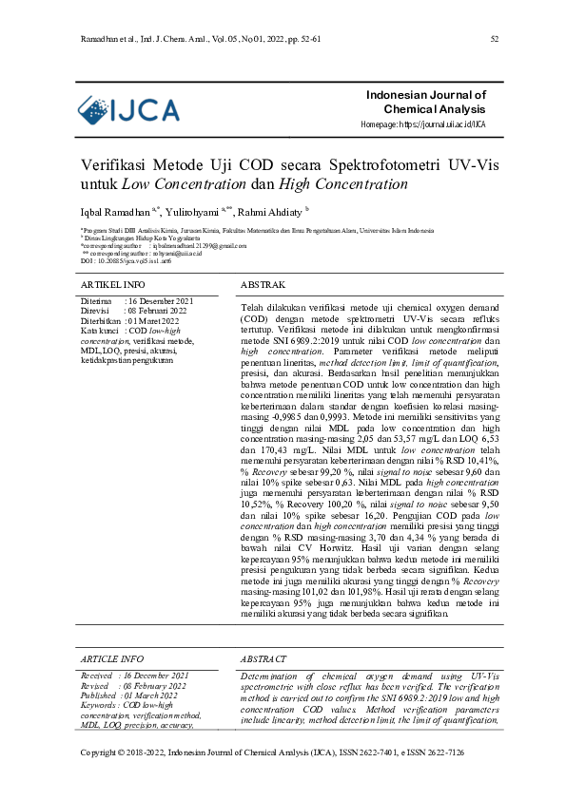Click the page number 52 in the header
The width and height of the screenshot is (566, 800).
pos(495,39)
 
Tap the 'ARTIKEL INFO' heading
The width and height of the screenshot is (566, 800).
pos(113,284)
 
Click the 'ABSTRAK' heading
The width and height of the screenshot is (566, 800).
pos(263,284)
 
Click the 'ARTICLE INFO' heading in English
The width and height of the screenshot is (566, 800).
pos(112,658)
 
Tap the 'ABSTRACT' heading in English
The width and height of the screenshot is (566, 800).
pos(263,658)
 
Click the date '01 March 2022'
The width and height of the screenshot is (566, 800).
pos(154,695)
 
